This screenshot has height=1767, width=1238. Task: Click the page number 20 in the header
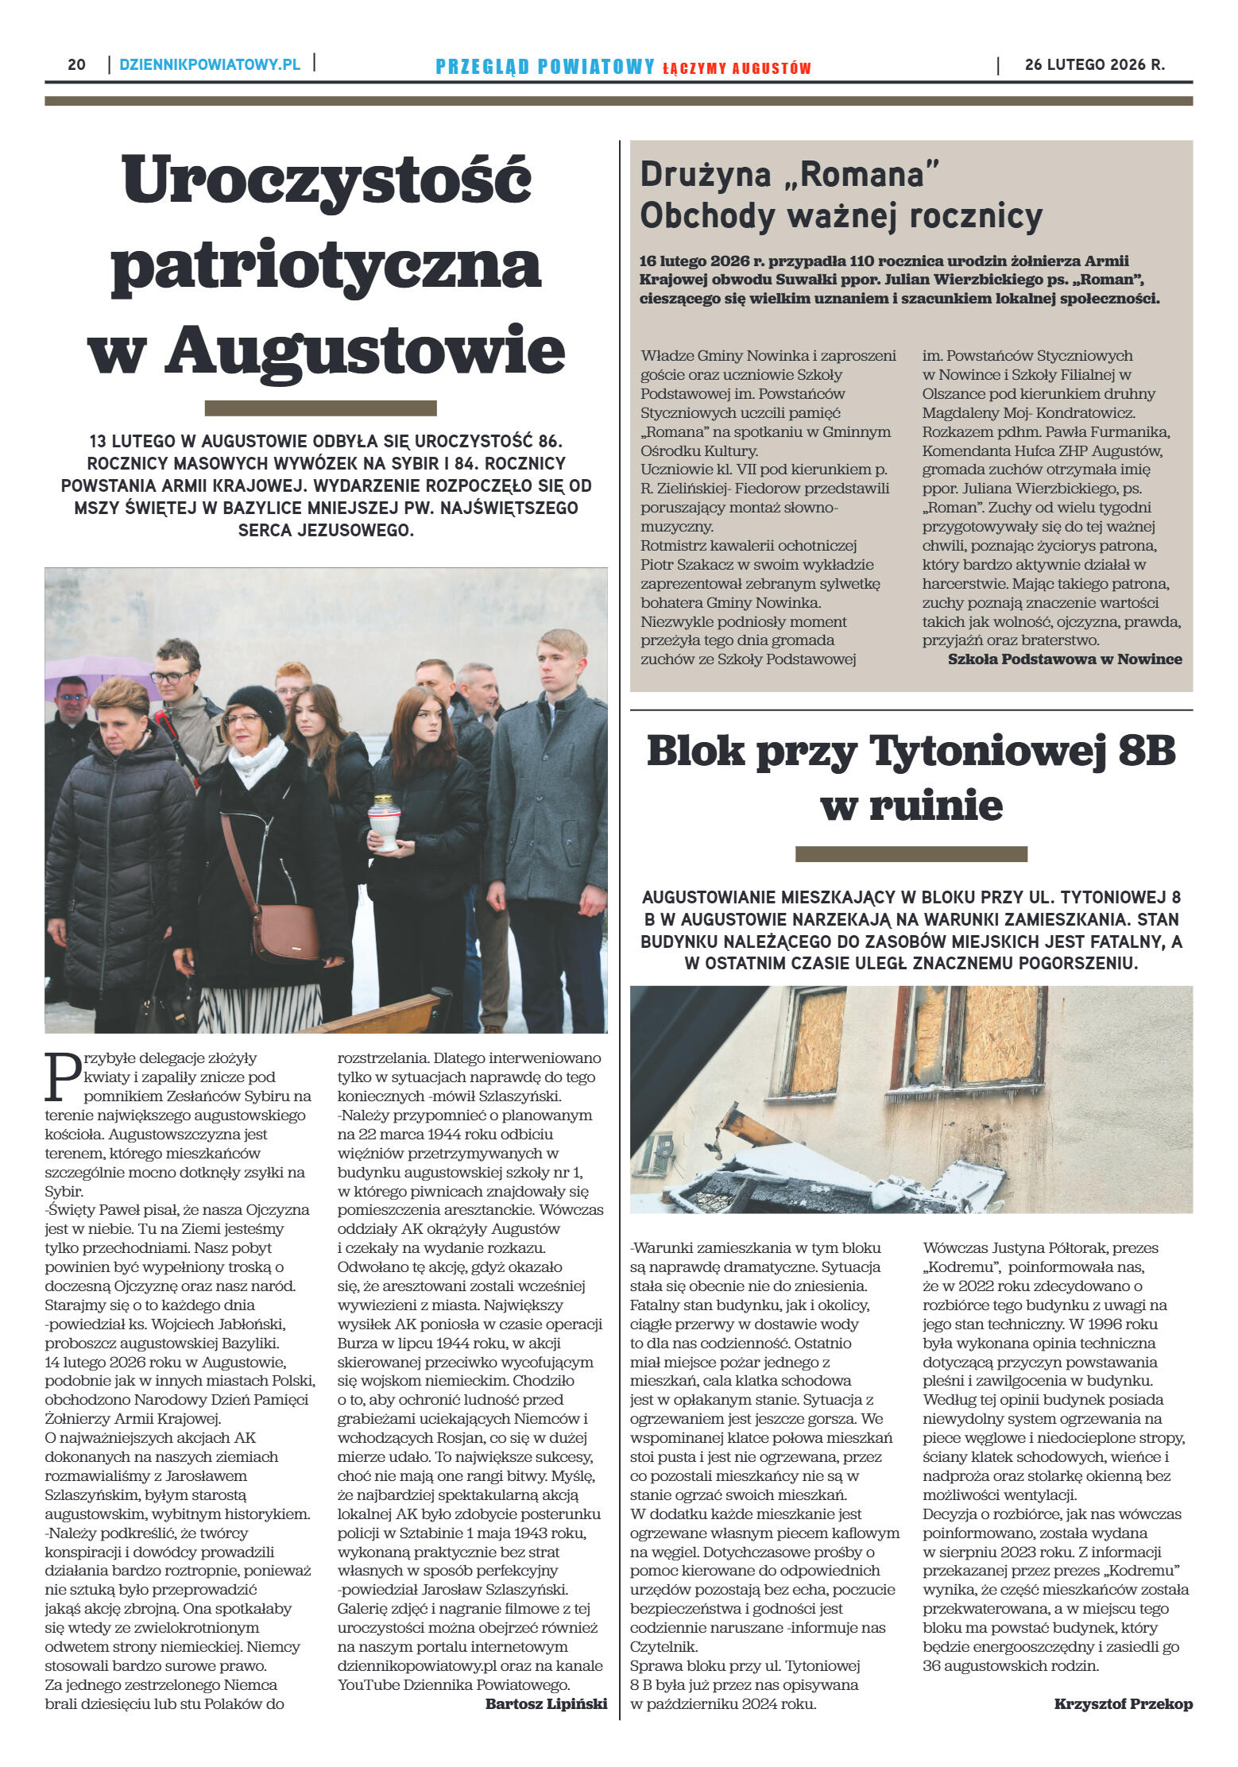(x=76, y=65)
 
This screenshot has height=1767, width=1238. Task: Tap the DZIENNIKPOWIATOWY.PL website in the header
(x=210, y=65)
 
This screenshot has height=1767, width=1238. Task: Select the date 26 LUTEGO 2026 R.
(x=1094, y=65)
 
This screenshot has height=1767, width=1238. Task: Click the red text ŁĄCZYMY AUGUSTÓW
(x=737, y=68)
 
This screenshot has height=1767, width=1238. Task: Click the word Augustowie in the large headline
(x=366, y=351)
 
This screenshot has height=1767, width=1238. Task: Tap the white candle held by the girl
(x=384, y=823)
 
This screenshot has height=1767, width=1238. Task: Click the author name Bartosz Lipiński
(x=546, y=1703)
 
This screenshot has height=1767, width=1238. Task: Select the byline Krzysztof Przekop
(x=1123, y=1703)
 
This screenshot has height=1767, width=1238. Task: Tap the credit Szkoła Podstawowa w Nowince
(x=1064, y=659)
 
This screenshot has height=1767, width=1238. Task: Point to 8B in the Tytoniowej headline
(x=1146, y=751)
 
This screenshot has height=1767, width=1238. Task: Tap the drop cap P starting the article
(x=62, y=1077)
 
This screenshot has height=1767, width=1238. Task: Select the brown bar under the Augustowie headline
(x=320, y=408)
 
